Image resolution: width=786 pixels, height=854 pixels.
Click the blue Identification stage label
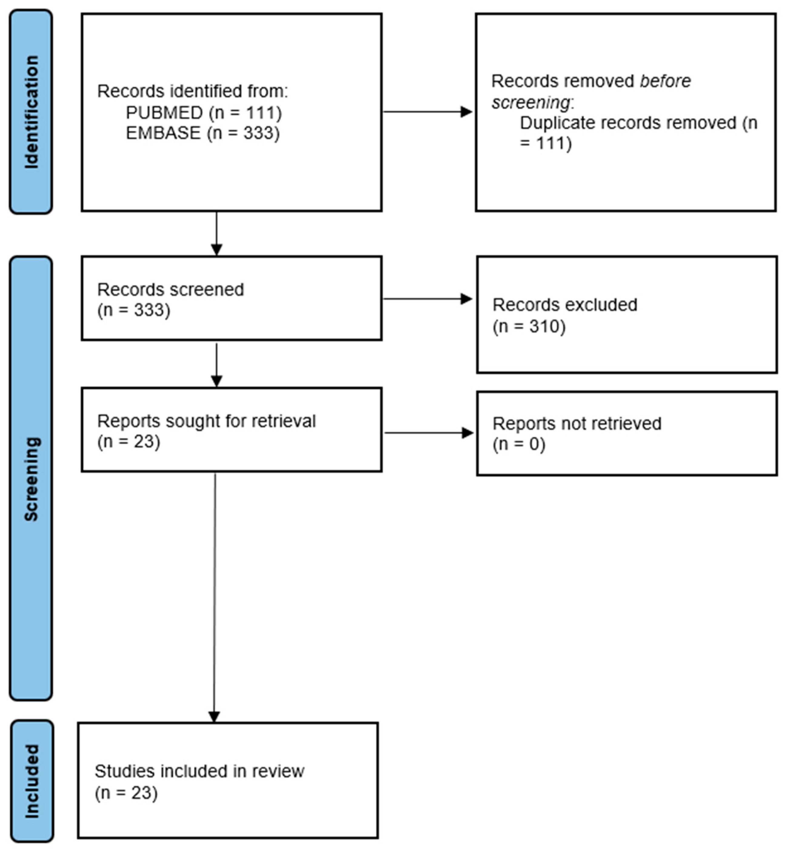(31, 112)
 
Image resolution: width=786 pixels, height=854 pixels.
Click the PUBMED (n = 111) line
(204, 113)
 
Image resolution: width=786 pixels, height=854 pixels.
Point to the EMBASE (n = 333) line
(203, 133)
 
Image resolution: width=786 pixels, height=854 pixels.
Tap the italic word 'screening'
(531, 102)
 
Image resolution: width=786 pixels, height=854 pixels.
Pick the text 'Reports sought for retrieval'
(206, 421)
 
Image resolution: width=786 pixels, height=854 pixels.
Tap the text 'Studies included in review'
(199, 771)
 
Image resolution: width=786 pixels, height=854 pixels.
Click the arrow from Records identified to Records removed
(427, 112)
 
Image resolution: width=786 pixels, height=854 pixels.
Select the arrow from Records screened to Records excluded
(427, 299)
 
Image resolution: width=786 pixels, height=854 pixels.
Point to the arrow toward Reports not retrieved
(428, 433)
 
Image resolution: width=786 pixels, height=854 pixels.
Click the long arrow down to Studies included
(214, 595)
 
